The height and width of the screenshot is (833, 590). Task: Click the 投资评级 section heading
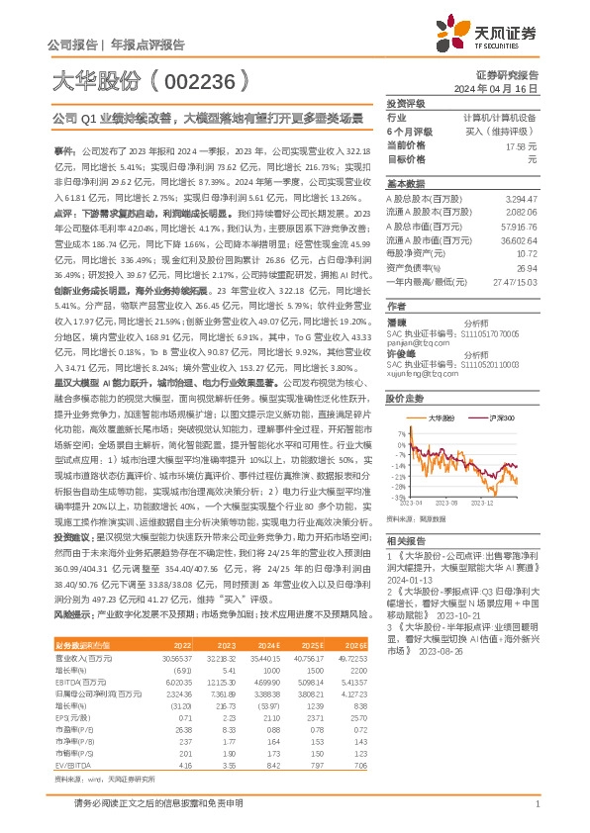coord(406,103)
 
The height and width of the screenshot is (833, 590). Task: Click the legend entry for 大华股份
coord(439,418)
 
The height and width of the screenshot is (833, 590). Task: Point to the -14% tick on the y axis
coord(398,471)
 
